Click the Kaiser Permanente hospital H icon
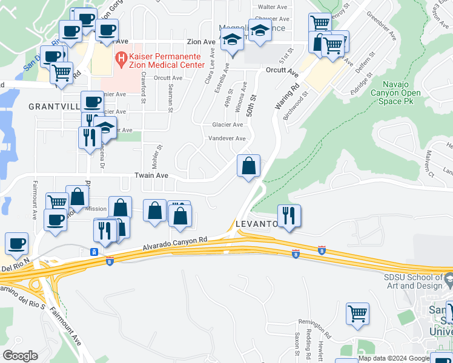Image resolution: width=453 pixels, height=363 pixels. [x=121, y=59]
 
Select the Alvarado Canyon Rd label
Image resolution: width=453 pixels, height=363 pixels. [x=175, y=243]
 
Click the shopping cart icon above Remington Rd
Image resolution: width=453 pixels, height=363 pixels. [x=357, y=313]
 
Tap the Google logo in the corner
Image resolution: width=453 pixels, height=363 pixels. [x=20, y=355]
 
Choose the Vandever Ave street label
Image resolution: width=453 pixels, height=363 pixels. [x=227, y=139]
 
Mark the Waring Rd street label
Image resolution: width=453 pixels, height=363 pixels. [x=287, y=96]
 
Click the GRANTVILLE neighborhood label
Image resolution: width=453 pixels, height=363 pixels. [x=53, y=106]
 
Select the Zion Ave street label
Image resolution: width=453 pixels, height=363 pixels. [x=201, y=42]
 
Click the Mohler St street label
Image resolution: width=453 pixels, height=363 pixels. [x=160, y=156]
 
